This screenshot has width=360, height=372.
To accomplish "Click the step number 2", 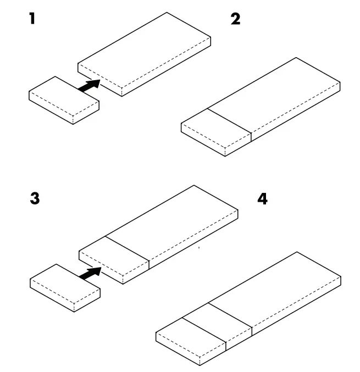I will point(235,20).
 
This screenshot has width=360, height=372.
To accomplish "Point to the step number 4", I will point(263,198).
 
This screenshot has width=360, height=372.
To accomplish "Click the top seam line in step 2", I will point(229,120).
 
